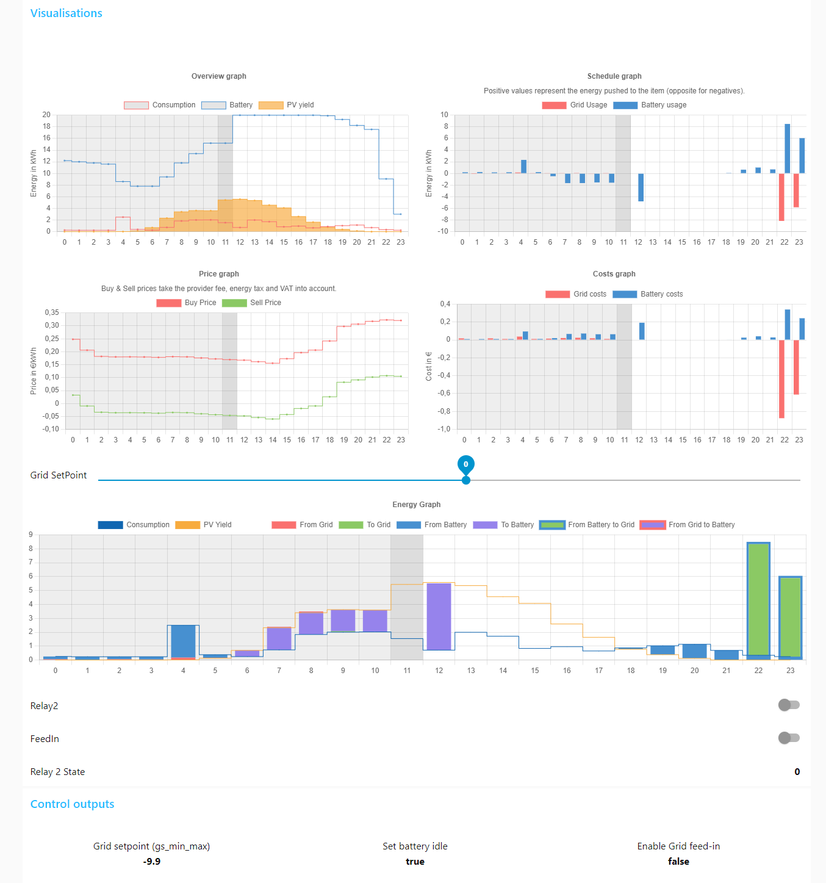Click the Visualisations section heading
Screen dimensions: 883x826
(66, 13)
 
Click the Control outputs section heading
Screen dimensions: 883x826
(72, 804)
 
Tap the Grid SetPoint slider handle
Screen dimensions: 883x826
(466, 480)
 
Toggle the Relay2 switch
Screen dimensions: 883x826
(789, 705)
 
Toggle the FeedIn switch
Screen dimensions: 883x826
(789, 738)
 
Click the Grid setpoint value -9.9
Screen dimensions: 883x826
(152, 862)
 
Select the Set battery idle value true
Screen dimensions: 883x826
(415, 862)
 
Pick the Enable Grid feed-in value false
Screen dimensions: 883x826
(678, 862)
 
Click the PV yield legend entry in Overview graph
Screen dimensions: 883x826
(287, 105)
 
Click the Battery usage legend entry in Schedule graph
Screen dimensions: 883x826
(650, 105)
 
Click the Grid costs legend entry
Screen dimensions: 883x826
(576, 294)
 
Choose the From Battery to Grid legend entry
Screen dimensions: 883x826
(587, 525)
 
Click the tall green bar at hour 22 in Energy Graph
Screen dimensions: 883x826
(758, 598)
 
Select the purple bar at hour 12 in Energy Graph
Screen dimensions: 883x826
(439, 616)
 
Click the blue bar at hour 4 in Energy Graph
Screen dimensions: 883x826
(183, 641)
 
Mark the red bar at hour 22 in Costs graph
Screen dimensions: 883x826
(781, 378)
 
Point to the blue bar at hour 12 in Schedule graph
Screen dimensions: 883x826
(641, 187)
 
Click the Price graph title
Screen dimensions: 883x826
(218, 274)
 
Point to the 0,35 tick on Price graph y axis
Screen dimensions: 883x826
(52, 312)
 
